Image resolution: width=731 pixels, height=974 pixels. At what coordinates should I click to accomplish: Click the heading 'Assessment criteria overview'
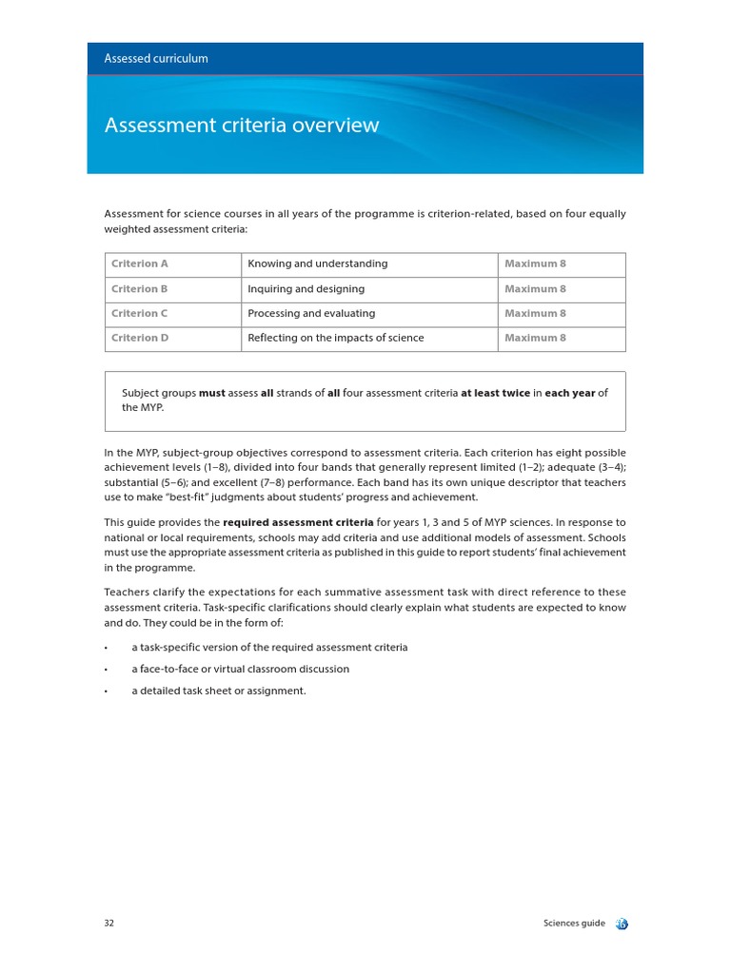point(241,126)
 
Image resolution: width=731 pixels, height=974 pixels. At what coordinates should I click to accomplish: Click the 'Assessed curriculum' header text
point(156,59)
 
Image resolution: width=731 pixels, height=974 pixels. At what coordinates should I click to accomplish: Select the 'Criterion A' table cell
point(140,264)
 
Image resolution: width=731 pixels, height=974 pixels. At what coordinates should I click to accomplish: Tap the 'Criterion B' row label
point(140,289)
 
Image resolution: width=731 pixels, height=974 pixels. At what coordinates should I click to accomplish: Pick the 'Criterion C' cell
point(140,314)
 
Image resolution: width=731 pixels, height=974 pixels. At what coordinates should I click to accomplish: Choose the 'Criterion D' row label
point(140,339)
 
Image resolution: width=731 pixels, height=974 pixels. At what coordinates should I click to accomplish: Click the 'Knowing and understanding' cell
point(317,264)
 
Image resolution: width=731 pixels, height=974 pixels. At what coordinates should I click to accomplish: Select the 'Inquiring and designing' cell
point(306,289)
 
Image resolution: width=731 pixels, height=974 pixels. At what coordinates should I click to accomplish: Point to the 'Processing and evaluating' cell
point(311,314)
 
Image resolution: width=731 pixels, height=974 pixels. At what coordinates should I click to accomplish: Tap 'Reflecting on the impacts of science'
point(335,339)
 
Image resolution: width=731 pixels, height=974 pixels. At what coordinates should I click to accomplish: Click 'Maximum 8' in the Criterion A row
point(535,264)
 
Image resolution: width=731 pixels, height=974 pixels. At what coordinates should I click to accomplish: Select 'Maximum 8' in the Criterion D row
point(535,339)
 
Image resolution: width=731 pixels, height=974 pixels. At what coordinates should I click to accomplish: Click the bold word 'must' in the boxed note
point(212,394)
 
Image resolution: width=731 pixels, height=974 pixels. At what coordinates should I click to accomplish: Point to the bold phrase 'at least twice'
point(495,394)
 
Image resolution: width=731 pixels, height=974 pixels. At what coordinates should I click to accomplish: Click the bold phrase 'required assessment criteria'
point(298,523)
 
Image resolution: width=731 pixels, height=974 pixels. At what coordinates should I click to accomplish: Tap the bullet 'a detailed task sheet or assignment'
point(219,691)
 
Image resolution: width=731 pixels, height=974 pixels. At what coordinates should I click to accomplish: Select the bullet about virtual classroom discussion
point(240,669)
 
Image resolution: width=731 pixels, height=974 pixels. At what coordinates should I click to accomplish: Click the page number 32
point(109,924)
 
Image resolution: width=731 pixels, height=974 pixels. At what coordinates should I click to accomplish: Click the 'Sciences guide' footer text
point(574,924)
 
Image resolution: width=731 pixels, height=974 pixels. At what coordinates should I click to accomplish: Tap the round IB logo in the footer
point(622,924)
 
